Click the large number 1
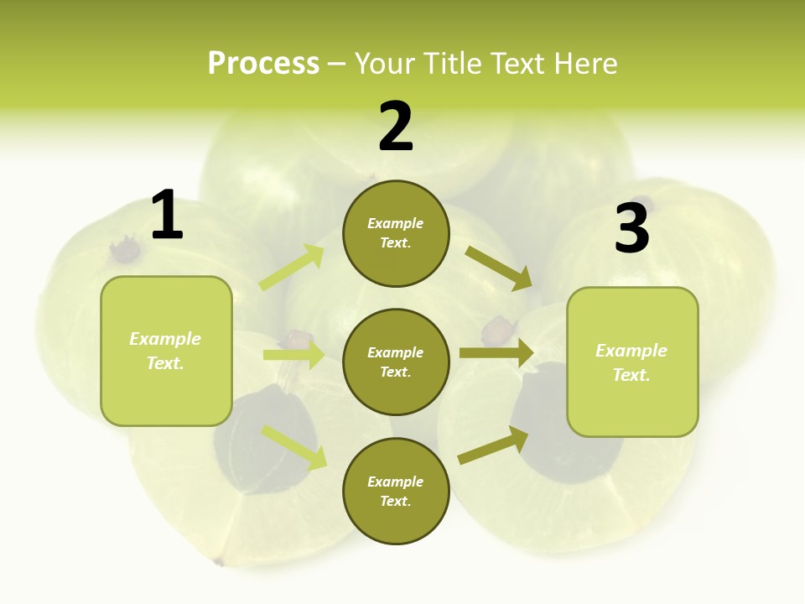[x=167, y=215]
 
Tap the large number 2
[x=396, y=128]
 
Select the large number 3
[x=631, y=228]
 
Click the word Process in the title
[x=263, y=63]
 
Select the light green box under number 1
[x=166, y=351]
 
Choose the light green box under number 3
[x=632, y=362]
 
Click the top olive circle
[x=396, y=233]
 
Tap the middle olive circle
[x=396, y=362]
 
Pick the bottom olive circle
[x=396, y=492]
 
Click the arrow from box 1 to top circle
[x=292, y=268]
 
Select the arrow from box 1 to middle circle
[x=293, y=355]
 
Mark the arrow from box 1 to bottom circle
[x=294, y=447]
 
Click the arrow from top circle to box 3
[x=498, y=268]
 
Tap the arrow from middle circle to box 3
[x=496, y=353]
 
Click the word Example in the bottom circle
[x=396, y=482]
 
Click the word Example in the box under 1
[x=165, y=339]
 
